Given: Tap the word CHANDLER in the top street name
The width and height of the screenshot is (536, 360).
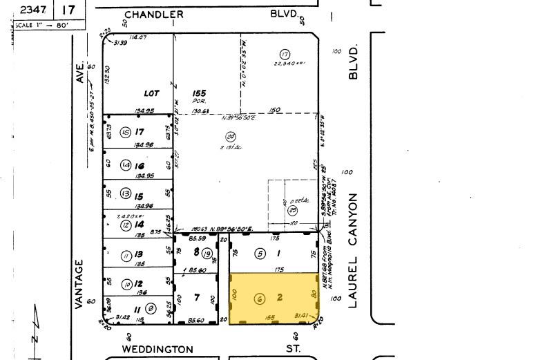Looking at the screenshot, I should (154, 14).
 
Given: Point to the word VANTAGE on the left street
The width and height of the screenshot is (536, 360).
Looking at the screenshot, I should (79, 283).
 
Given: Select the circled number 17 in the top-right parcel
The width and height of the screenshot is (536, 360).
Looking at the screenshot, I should (284, 55).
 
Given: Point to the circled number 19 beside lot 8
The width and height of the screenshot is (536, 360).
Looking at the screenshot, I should (207, 254).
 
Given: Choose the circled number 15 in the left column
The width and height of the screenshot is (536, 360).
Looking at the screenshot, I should (125, 133).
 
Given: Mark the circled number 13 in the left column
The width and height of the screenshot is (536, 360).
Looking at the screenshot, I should (125, 193).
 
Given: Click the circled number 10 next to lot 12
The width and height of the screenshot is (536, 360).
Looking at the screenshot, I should (126, 284).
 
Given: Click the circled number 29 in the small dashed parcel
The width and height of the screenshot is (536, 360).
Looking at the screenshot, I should (292, 209).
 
